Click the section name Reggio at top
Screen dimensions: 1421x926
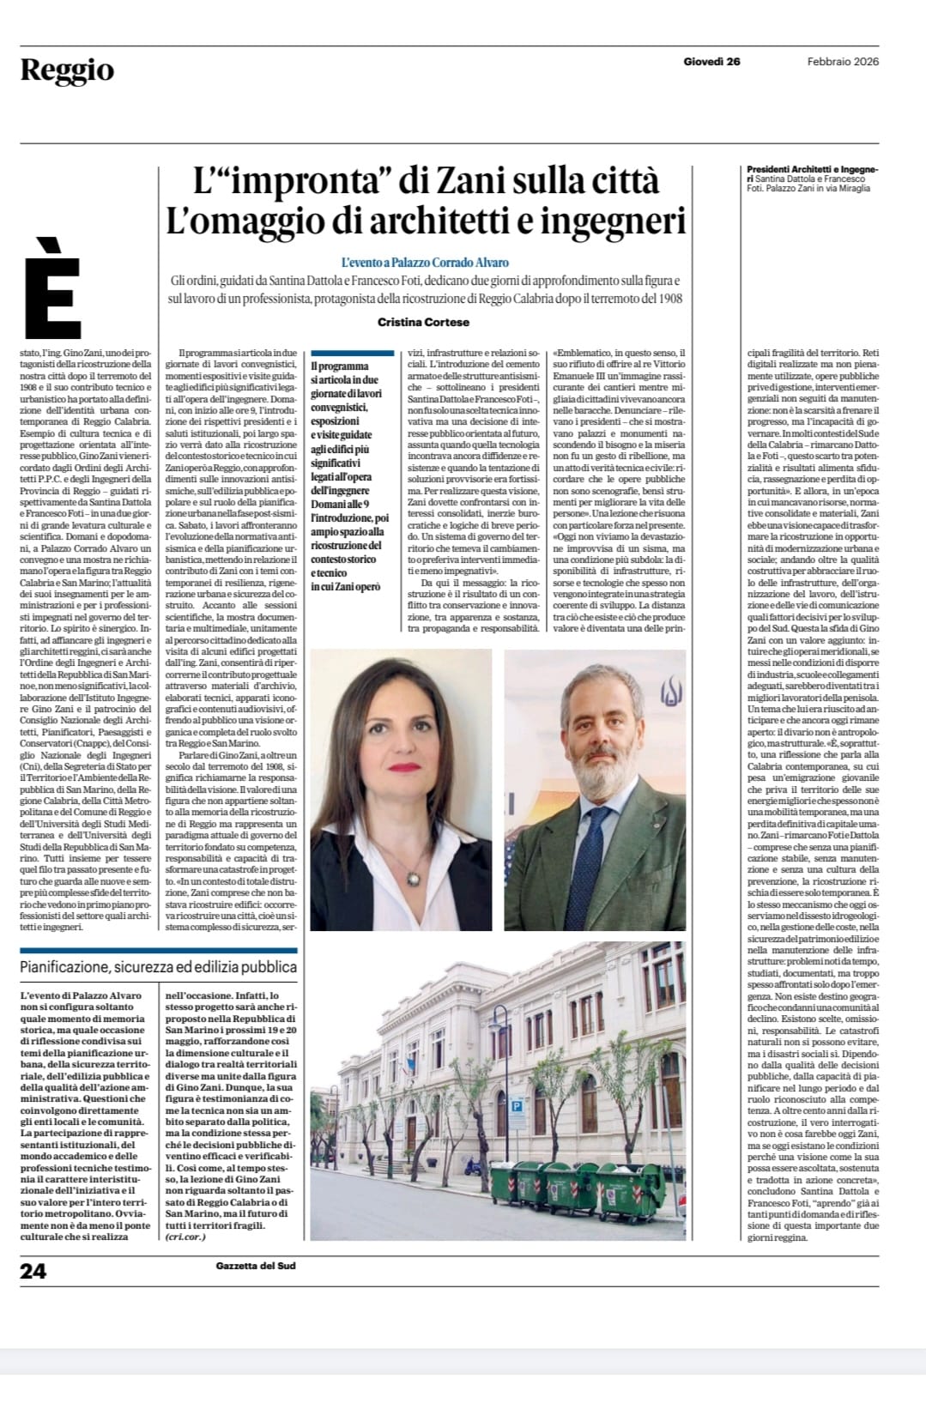[x=67, y=70]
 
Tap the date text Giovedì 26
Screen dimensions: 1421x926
[x=711, y=61]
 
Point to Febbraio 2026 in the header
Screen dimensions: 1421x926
[x=843, y=61]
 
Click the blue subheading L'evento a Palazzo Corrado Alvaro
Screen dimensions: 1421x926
[x=425, y=263]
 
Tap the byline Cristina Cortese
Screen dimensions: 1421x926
[x=426, y=322]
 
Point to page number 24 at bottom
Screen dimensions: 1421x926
[x=33, y=1270]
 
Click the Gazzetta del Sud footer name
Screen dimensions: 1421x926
[x=256, y=1266]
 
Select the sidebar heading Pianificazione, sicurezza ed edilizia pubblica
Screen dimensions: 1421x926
[x=159, y=967]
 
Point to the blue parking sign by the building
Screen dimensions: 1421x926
[x=517, y=1107]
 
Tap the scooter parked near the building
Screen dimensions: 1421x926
[x=473, y=1166]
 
